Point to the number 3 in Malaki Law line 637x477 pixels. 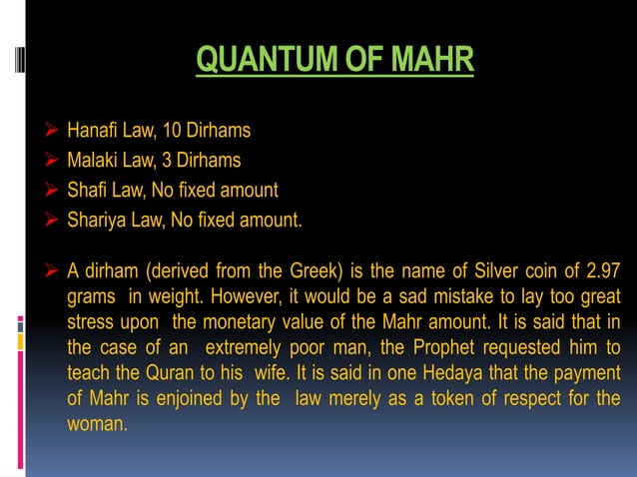173,160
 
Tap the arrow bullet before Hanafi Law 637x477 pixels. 52,130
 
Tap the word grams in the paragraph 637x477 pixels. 91,297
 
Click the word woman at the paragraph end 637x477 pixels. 96,423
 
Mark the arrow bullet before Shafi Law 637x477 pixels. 52,190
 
